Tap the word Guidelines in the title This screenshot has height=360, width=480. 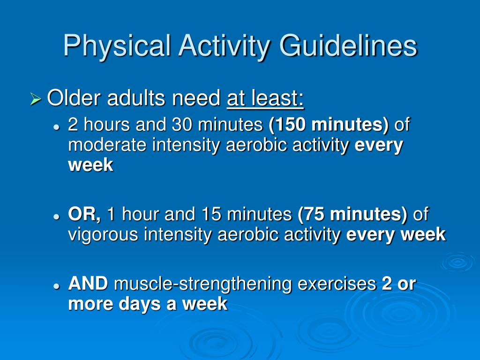click(x=348, y=46)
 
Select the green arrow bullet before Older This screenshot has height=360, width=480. click(x=36, y=99)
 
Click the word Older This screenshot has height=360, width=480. click(x=75, y=98)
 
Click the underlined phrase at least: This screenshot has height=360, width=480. click(x=265, y=98)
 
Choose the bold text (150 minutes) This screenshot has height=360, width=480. click(x=329, y=125)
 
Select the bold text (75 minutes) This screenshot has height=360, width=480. click(x=352, y=215)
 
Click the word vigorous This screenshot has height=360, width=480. click(x=104, y=234)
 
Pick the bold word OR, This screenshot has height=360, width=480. click(x=85, y=215)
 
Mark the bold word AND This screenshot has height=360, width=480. click(x=88, y=284)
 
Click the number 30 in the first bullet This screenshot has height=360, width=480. click(x=182, y=125)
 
